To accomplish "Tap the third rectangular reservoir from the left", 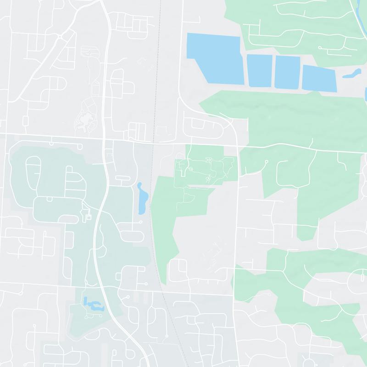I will click(287, 72).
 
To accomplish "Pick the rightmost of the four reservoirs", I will click(319, 78).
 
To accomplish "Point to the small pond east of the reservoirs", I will click(352, 73).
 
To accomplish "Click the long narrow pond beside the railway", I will click(142, 199).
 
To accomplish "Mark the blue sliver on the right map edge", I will click(366, 94).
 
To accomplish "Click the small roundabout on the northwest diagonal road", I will click(60, 36).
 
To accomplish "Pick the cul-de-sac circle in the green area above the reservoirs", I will click(320, 47).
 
